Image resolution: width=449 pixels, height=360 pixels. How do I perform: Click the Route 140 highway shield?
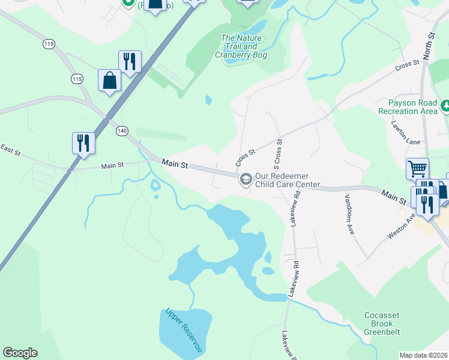(122, 130)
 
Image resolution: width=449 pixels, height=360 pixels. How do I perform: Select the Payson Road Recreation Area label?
(408, 107)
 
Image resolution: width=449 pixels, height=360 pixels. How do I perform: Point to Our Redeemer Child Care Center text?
(288, 180)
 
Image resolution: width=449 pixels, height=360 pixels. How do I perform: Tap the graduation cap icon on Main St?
(246, 179)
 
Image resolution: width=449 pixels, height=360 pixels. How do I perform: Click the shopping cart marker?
(418, 169)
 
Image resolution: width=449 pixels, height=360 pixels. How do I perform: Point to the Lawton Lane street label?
(406, 140)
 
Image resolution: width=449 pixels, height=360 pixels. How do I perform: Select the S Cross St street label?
(279, 152)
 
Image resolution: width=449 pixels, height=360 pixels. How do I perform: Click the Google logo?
(19, 353)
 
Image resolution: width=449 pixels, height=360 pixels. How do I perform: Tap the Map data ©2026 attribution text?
(423, 355)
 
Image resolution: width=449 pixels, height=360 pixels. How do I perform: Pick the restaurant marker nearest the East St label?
(83, 143)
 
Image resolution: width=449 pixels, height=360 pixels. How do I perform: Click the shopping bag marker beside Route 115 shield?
(109, 81)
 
